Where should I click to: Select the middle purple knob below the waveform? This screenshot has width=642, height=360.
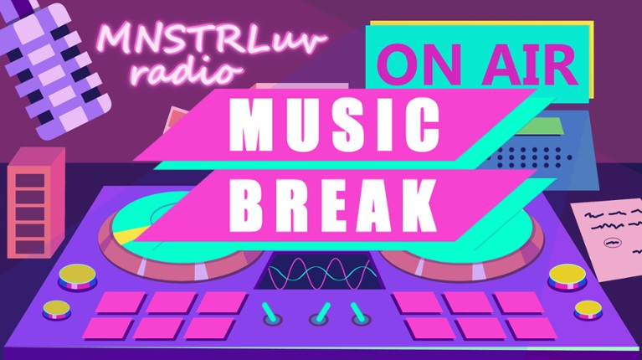pyautogui.click(x=320, y=317)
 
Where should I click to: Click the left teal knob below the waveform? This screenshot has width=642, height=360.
pyautogui.click(x=270, y=311)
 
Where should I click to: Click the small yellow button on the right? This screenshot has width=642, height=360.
pyautogui.click(x=588, y=308)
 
